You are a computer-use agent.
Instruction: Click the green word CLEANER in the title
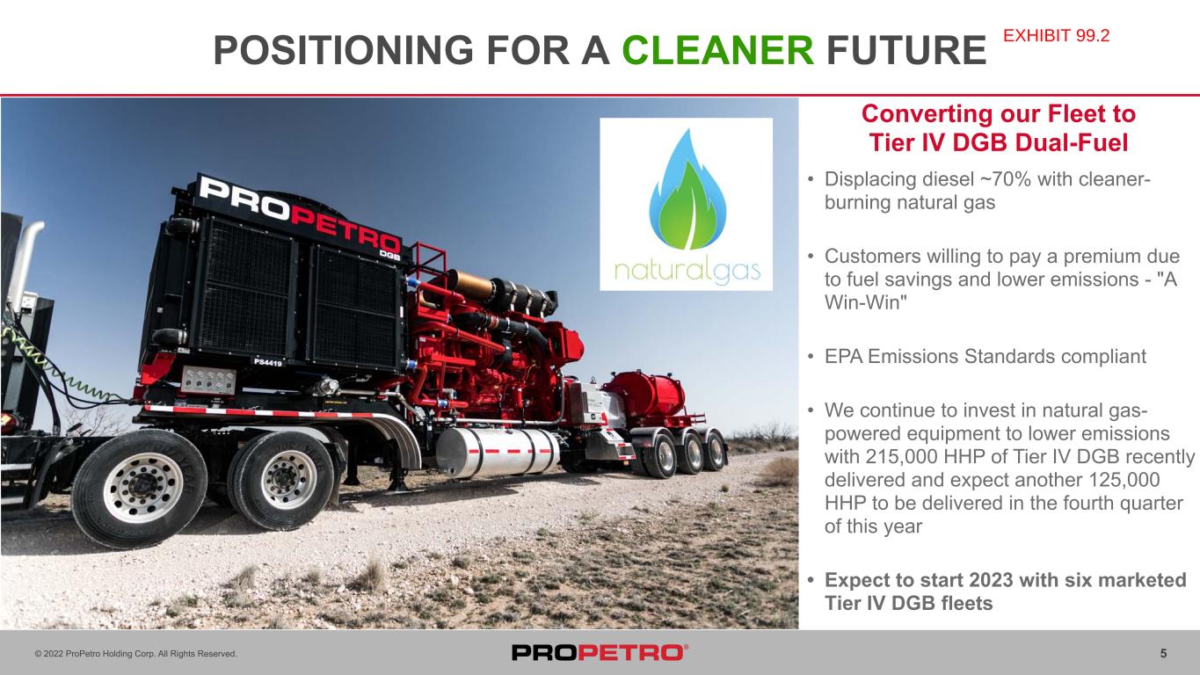718,50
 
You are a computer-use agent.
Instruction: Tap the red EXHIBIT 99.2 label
1056,36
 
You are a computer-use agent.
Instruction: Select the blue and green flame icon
687,190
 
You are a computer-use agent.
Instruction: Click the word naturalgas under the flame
687,272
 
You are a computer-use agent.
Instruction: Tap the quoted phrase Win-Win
866,302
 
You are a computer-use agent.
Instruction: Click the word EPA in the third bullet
843,357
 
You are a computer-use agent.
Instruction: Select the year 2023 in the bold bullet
991,580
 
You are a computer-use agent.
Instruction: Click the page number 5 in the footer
1164,654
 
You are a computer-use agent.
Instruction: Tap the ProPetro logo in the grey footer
600,652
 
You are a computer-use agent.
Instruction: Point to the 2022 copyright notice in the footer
135,654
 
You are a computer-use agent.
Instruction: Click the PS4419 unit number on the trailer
268,363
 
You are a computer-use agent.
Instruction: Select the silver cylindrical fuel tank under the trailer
498,452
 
